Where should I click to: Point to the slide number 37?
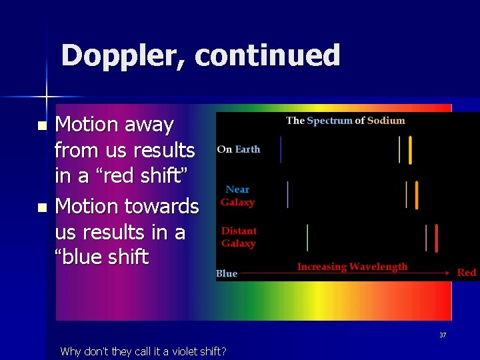click(443, 335)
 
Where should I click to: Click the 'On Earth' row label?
click(239, 149)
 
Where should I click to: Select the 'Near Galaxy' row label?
click(237, 196)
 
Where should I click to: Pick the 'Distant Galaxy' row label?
click(239, 237)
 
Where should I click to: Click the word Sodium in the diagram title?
click(386, 121)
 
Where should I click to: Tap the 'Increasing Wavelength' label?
click(352, 267)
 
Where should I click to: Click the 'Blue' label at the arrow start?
click(227, 273)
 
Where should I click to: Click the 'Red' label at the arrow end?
click(467, 273)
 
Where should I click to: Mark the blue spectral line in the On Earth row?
click(281, 149)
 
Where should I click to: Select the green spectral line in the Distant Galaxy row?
click(307, 237)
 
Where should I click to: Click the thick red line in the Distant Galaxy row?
click(436, 238)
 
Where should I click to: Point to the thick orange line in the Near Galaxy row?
click(416, 195)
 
